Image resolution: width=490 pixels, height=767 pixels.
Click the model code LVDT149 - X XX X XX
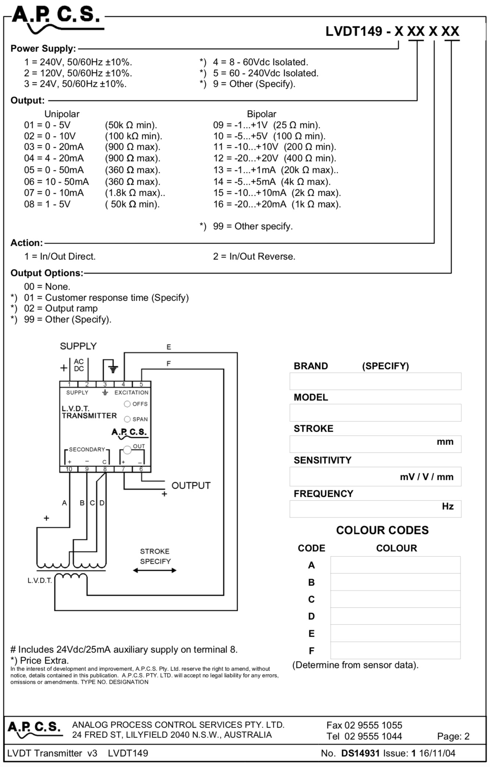pyautogui.click(x=393, y=31)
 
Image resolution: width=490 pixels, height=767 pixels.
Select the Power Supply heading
pyautogui.click(x=43, y=49)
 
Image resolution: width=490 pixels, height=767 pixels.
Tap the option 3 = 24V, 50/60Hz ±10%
pyautogui.click(x=75, y=84)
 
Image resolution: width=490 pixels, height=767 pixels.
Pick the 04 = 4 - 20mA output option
pyautogui.click(x=54, y=158)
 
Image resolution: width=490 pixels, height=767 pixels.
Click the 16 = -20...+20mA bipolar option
pyautogui.click(x=277, y=204)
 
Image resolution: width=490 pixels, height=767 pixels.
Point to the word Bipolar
pyautogui.click(x=262, y=114)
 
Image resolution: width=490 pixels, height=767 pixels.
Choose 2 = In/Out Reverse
pyautogui.click(x=254, y=257)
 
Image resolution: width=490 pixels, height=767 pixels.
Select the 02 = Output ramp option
pyautogui.click(x=61, y=308)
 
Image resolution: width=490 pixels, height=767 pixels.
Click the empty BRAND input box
pyautogui.click(x=375, y=381)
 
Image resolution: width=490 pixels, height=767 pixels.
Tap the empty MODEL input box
pyautogui.click(x=375, y=413)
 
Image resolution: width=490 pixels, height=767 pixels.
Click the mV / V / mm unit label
pyautogui.click(x=427, y=477)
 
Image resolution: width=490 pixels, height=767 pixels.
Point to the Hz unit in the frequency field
pyautogui.click(x=448, y=506)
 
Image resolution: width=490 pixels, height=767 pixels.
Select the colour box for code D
pyautogui.click(x=395, y=616)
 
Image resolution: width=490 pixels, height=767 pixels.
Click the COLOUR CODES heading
pyautogui.click(x=382, y=530)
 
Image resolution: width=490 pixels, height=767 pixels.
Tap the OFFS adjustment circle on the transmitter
pyautogui.click(x=127, y=404)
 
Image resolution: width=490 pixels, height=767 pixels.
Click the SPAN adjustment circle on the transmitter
pyautogui.click(x=127, y=419)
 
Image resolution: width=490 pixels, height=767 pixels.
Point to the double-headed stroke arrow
pyautogui.click(x=155, y=570)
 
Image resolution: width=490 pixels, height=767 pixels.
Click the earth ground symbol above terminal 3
pyautogui.click(x=113, y=368)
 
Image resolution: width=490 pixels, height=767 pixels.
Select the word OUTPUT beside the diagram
pyautogui.click(x=191, y=486)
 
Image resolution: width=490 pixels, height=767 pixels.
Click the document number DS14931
pyautogui.click(x=360, y=753)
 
